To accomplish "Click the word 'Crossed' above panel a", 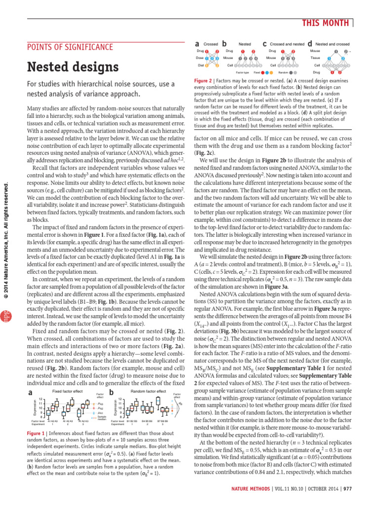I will click(x=211, y=44).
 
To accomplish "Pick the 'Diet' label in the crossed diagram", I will click(x=200, y=65).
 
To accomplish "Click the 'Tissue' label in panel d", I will click(x=315, y=58).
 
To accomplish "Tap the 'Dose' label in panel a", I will click(x=200, y=58).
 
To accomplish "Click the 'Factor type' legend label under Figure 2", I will click(x=242, y=72).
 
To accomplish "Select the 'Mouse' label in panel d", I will click(x=315, y=51).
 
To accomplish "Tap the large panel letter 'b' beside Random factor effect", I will click(x=111, y=392).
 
